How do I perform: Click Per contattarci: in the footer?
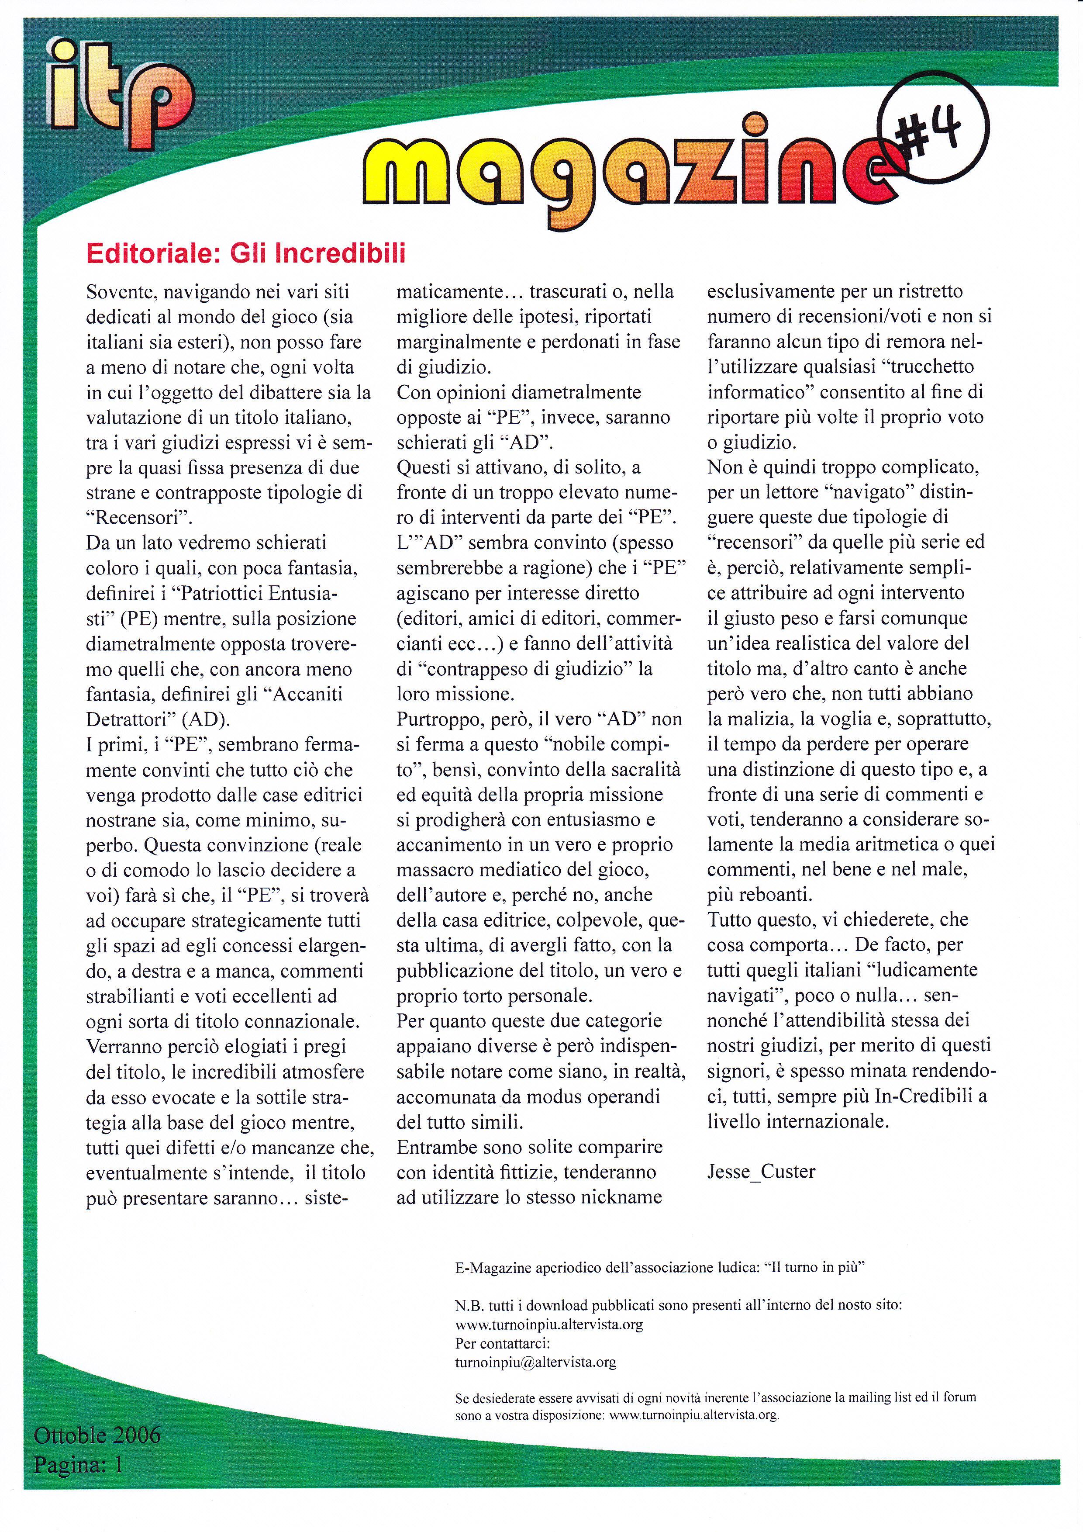coord(502,1343)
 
